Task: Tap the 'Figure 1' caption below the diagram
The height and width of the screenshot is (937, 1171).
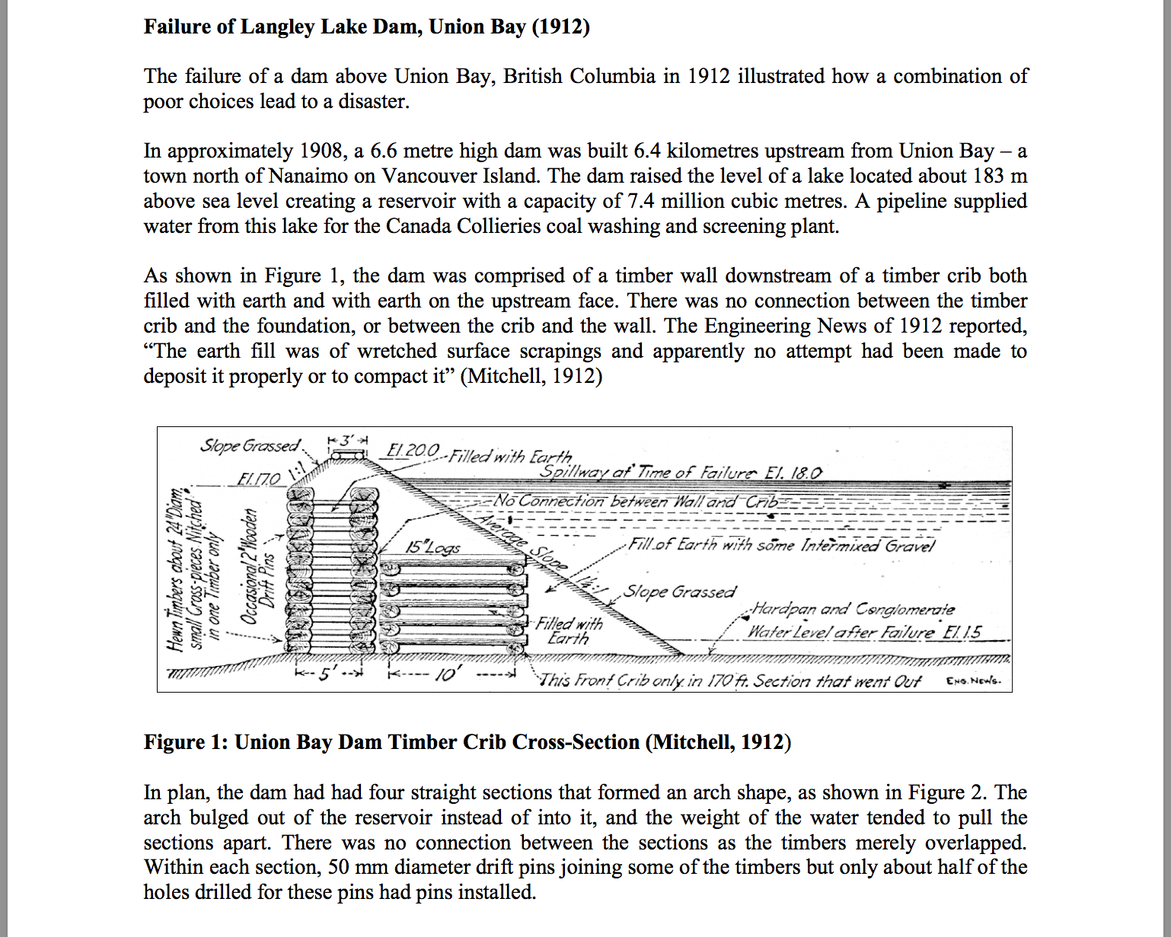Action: pos(467,742)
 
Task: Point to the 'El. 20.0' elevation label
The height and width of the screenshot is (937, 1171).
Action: pos(413,450)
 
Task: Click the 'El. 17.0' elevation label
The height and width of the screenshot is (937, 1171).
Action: pos(259,480)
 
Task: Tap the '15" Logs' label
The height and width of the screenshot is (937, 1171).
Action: pos(432,547)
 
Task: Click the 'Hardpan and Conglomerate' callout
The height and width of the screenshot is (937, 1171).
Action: pos(852,609)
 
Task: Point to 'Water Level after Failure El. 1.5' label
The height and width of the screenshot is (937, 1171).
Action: pos(864,632)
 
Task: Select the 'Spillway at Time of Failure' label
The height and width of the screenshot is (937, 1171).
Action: pos(681,472)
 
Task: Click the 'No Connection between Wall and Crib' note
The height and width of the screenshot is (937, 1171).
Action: pos(636,501)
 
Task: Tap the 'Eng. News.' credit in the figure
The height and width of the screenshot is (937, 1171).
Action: pos(974,680)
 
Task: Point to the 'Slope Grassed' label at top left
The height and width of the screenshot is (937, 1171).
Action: pos(250,445)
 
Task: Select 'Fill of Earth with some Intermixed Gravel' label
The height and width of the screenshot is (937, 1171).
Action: pos(781,545)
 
